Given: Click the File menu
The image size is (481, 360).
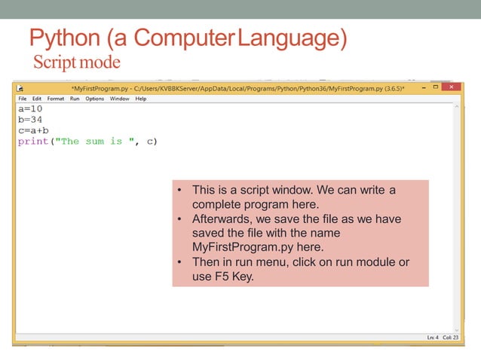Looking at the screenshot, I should pos(22,99).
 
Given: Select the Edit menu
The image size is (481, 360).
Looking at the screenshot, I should pos(37,99).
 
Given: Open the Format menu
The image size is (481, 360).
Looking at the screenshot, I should pos(56,99).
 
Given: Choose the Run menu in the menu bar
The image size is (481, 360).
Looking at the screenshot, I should pos(75,99).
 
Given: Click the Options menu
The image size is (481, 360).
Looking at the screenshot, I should pos(94,99).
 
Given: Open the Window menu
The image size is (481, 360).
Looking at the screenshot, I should pos(119,99).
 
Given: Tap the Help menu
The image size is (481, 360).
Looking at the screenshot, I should pos(141,99).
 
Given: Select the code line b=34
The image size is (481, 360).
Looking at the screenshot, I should pos(30,119).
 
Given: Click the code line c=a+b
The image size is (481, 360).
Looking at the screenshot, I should pos(33,130).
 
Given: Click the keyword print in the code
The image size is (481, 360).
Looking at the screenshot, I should pos(33,142).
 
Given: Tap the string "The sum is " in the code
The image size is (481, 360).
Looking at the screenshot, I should pos(91,142).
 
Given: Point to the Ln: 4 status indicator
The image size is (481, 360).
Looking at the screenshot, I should pos(431,337).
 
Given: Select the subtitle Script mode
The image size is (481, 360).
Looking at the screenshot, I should pos(76,61).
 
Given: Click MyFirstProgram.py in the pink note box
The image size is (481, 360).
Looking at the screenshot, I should pos(245,247).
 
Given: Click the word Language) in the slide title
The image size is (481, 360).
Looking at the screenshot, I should pos(292,38).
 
